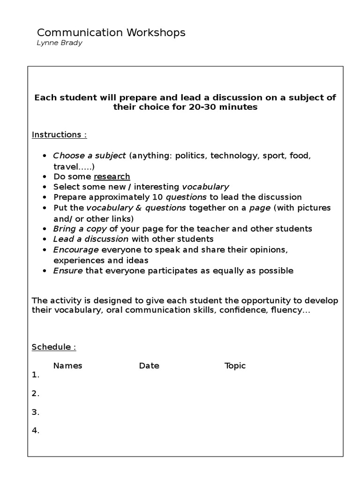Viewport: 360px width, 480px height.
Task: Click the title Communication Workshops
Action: pyautogui.click(x=111, y=32)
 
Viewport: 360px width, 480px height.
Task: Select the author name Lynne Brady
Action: pyautogui.click(x=60, y=43)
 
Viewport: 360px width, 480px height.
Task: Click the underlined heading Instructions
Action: pyautogui.click(x=59, y=135)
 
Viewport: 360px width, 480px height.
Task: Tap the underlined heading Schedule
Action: pyautogui.click(x=53, y=347)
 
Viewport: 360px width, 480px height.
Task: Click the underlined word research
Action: pyautogui.click(x=112, y=176)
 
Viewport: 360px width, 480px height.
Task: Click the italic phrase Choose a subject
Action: pyautogui.click(x=90, y=155)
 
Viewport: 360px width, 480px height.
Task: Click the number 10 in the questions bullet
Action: pyautogui.click(x=157, y=197)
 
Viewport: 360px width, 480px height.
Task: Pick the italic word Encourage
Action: pyautogui.click(x=76, y=249)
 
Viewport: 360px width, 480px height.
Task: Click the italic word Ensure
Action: pyautogui.click(x=68, y=270)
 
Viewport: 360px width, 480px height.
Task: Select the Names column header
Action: pyautogui.click(x=67, y=366)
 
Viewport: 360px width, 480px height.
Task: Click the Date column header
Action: pyautogui.click(x=149, y=366)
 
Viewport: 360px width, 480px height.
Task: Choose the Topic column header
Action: pyautogui.click(x=235, y=366)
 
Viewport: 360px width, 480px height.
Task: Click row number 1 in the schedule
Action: pyautogui.click(x=35, y=375)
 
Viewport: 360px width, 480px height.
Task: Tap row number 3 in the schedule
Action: pyautogui.click(x=35, y=412)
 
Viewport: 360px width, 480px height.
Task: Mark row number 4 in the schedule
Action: pyautogui.click(x=35, y=431)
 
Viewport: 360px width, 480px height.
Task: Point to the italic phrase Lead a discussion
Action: pyautogui.click(x=90, y=239)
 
